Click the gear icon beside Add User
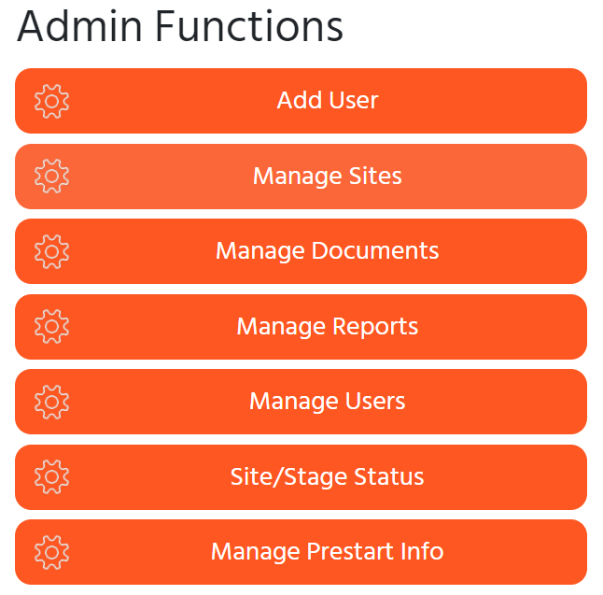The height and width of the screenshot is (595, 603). tap(51, 101)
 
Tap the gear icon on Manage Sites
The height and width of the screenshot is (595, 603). tap(51, 177)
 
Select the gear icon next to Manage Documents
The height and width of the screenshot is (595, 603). tap(51, 251)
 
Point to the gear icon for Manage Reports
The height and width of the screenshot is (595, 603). tap(51, 327)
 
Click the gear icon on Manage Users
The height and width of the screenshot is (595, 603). tap(51, 403)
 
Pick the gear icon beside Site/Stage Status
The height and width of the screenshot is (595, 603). tap(51, 477)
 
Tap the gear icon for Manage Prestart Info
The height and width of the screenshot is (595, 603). tap(51, 553)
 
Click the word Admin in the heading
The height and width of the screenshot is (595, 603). tap(79, 26)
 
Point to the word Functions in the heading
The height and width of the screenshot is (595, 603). tap(249, 26)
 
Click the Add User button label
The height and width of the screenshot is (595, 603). tap(328, 101)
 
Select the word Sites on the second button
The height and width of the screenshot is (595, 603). tap(375, 176)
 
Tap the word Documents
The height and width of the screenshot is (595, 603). tap(375, 251)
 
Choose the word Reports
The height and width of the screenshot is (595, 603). tap(375, 326)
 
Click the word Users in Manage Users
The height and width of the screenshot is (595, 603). tap(375, 401)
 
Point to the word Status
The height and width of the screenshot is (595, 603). tap(389, 476)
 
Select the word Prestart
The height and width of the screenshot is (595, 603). tap(350, 551)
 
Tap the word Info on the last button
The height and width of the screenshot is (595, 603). tap(422, 551)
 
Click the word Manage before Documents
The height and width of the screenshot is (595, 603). tap(260, 252)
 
